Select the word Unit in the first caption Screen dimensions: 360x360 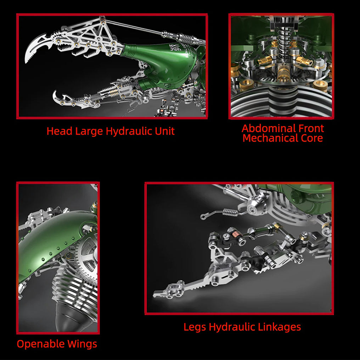point(165,131)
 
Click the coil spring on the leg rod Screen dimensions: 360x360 point(230,212)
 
